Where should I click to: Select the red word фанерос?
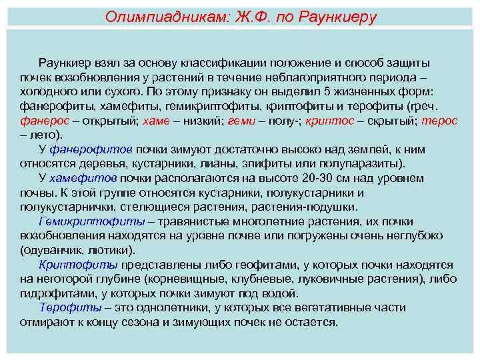pos(43,121)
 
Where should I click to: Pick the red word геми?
pos(241,121)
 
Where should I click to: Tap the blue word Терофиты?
pos(67,307)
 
